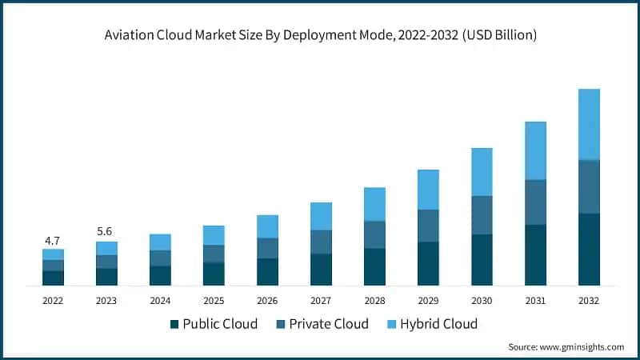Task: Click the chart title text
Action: tap(320, 35)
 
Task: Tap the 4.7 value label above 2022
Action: tap(53, 239)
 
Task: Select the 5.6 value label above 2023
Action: tap(106, 231)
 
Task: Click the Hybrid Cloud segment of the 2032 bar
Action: tap(589, 124)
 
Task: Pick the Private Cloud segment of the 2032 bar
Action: tap(589, 186)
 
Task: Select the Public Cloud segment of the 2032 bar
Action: tap(589, 249)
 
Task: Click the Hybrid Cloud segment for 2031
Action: tap(535, 150)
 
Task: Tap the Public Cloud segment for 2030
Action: tap(482, 259)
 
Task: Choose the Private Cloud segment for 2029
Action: tap(428, 226)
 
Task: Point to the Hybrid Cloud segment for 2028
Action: tap(374, 204)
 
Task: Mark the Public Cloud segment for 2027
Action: tap(321, 270)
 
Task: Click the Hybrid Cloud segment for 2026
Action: tap(267, 226)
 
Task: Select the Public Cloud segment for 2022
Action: tap(53, 278)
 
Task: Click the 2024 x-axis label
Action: tap(160, 301)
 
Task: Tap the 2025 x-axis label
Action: tap(214, 301)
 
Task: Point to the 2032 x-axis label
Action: tap(589, 301)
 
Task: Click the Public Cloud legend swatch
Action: tap(174, 324)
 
